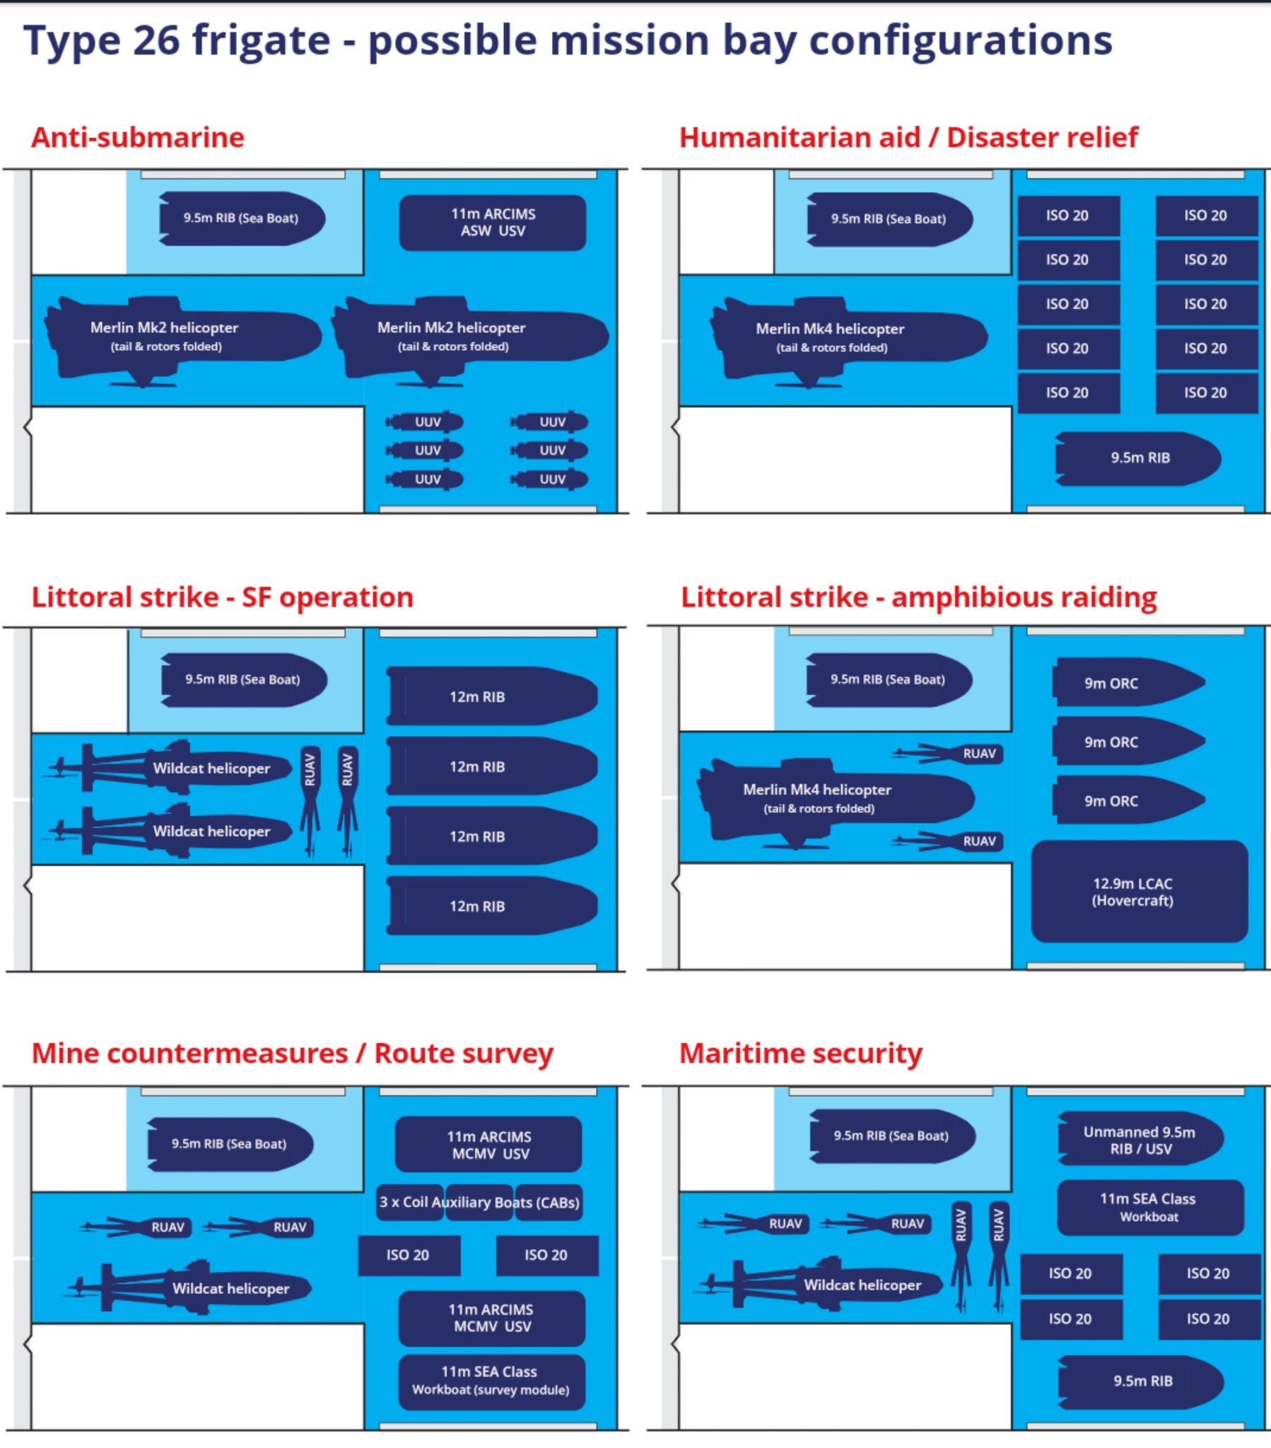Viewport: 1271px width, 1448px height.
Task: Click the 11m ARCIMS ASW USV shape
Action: (493, 223)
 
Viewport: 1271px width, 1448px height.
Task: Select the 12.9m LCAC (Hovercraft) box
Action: (1139, 892)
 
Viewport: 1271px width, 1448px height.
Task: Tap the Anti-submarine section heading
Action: (137, 137)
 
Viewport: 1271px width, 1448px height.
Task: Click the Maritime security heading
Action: (801, 1053)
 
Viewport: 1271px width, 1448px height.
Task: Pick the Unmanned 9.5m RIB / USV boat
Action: (1140, 1140)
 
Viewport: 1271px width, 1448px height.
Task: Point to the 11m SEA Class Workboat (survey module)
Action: (491, 1381)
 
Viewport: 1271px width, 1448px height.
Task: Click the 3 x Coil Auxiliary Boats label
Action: (480, 1202)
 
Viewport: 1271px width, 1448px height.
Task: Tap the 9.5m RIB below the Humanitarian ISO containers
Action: (1139, 458)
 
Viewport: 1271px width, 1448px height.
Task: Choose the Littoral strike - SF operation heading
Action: (222, 597)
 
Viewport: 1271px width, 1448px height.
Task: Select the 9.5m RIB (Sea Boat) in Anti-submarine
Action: (241, 218)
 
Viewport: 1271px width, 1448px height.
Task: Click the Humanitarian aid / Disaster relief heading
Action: (908, 137)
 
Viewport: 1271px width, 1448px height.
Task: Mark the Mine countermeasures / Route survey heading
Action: (292, 1053)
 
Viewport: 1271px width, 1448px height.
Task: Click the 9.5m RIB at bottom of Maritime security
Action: (1142, 1381)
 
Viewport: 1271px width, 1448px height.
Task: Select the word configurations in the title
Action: (960, 40)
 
